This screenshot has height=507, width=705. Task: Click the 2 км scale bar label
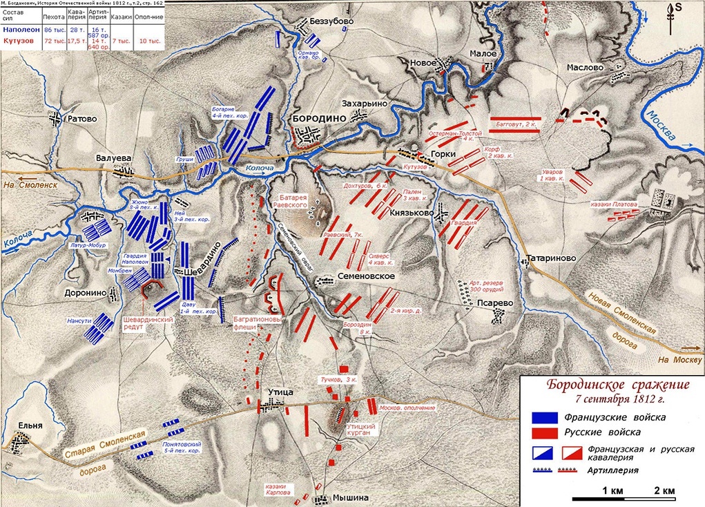point(664,491)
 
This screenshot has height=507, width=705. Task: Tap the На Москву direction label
point(674,359)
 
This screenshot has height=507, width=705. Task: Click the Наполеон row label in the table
point(21,30)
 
